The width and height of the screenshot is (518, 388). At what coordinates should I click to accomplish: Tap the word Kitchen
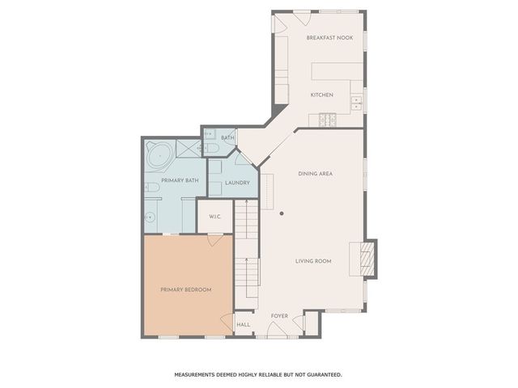point(322,95)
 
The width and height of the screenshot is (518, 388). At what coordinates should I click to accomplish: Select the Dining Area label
point(316,174)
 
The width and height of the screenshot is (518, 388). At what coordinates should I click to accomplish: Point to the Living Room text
point(313,261)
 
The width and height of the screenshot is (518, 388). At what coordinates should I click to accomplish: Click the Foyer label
point(279,316)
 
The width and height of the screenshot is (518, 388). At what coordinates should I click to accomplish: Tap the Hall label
point(243,325)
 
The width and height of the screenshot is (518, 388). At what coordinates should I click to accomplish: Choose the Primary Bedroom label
point(186,289)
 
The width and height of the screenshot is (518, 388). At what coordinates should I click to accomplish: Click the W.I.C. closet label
point(215,217)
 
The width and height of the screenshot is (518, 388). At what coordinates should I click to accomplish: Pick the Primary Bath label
point(180,180)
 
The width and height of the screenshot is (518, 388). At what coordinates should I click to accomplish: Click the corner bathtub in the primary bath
point(158,151)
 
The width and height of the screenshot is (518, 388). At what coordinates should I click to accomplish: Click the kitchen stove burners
point(328,121)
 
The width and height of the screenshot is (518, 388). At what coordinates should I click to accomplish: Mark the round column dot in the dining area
point(282,213)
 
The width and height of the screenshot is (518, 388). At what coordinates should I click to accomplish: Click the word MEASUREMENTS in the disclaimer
point(199,374)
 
